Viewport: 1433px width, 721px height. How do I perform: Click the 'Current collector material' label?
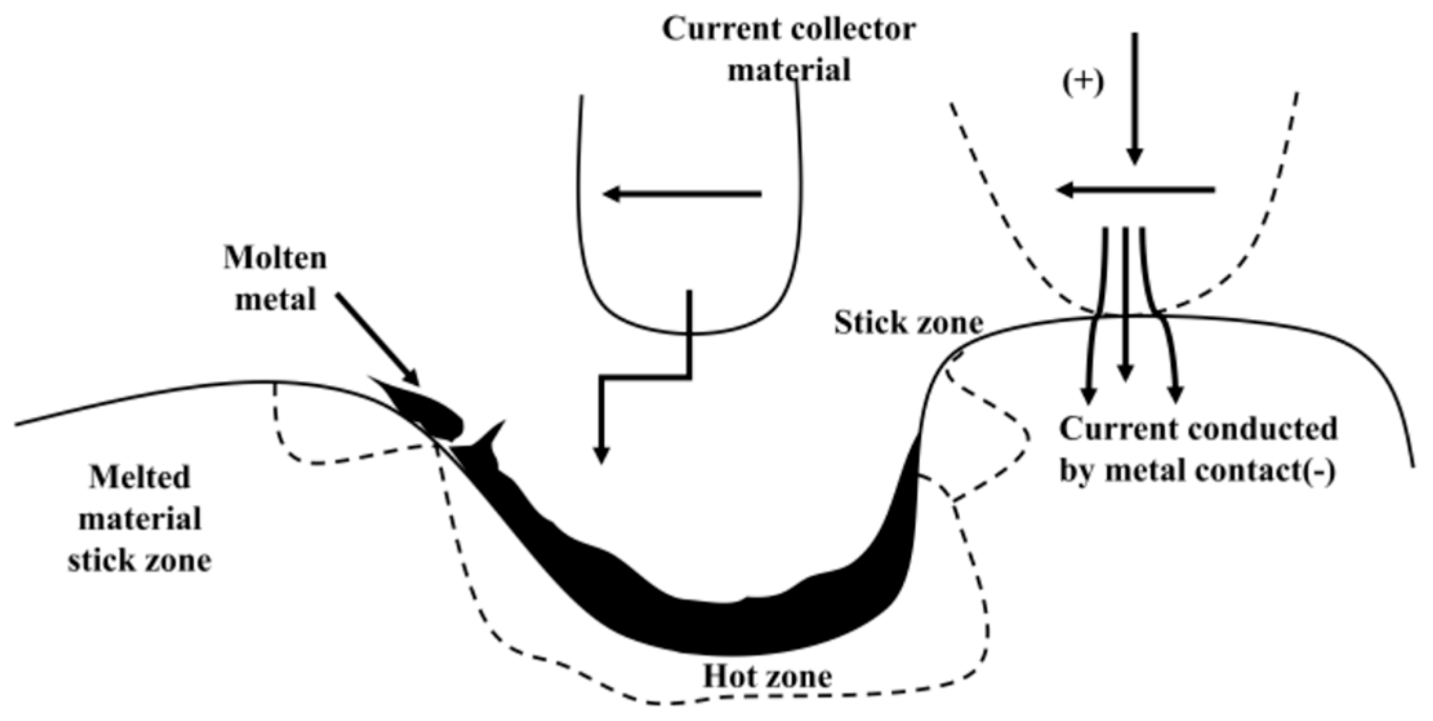tap(788, 50)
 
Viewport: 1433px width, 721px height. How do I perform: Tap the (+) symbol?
tap(1084, 84)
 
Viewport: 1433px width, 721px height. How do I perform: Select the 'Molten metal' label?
tap(275, 279)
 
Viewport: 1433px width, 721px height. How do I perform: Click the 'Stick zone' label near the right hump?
tap(908, 322)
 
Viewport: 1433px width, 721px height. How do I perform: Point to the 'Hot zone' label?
tap(767, 677)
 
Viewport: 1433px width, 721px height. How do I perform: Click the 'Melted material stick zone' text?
tap(140, 519)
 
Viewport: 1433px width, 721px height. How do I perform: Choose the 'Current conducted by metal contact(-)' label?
tap(1198, 450)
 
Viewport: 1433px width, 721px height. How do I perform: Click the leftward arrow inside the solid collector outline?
tap(682, 193)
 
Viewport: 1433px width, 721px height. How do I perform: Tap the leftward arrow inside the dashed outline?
tap(1135, 190)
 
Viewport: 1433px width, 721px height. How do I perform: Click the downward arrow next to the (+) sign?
tap(1135, 97)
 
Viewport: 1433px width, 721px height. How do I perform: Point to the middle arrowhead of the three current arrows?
tap(1125, 372)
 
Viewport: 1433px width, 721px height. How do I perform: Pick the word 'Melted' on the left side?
tap(140, 478)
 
